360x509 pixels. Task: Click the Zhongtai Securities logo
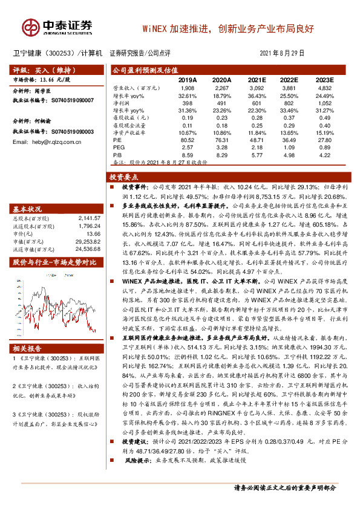click(x=57, y=26)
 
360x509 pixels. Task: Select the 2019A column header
click(x=187, y=80)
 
